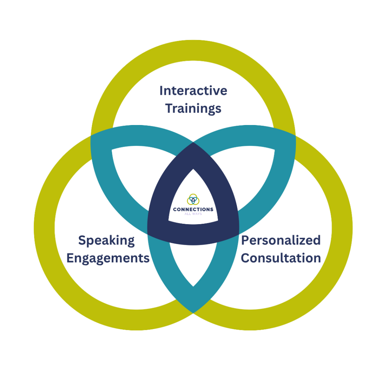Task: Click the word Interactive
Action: tap(193, 90)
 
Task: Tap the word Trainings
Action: tap(193, 109)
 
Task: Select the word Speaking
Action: tap(106, 241)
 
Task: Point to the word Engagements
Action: tap(108, 258)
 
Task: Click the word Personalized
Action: tap(281, 240)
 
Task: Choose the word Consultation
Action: tap(281, 258)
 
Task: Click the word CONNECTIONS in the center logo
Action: tap(193, 209)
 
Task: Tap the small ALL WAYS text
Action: tap(193, 214)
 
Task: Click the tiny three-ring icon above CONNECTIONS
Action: tap(193, 199)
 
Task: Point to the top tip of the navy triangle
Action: tap(193, 142)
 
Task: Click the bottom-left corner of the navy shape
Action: tap(147, 234)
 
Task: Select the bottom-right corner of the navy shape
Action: tap(239, 234)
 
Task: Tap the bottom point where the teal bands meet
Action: tap(193, 313)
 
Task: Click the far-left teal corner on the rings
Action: tap(91, 136)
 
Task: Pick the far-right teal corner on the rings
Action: tap(295, 136)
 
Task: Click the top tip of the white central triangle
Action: tap(193, 169)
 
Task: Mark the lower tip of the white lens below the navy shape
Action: tap(193, 286)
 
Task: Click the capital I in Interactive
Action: tap(161, 90)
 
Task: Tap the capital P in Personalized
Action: tap(245, 240)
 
